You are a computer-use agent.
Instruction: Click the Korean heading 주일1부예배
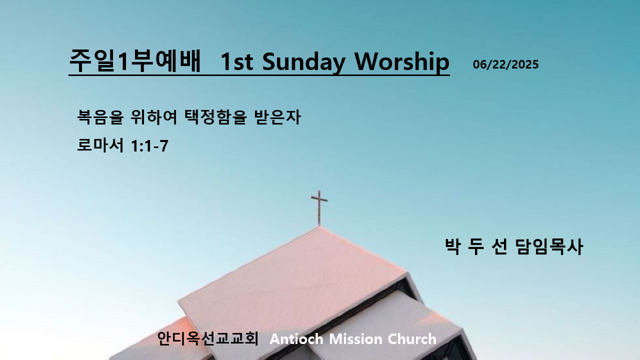pos(135,61)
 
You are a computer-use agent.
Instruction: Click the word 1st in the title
pos(237,61)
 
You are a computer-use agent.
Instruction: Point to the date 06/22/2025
pos(505,64)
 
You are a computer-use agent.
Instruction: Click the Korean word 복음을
pos(100,116)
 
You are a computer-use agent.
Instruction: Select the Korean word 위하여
pos(153,116)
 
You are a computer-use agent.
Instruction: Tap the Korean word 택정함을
pos(215,116)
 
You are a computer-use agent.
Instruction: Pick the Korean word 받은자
pos(277,116)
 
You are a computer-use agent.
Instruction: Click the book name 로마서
pos(100,145)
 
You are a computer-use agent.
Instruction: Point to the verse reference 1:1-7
pos(149,146)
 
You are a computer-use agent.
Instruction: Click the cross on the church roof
pos(319,208)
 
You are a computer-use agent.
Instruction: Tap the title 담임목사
pos(549,246)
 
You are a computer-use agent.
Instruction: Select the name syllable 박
pos(453,246)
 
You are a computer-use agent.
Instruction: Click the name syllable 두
pos(476,246)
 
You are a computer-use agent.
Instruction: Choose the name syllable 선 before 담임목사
pos(499,246)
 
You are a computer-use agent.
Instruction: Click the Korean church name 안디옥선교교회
pos(207,338)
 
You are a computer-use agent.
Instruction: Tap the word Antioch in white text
pos(296,339)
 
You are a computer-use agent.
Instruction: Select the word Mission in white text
pos(355,339)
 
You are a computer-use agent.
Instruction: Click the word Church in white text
pos(412,339)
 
